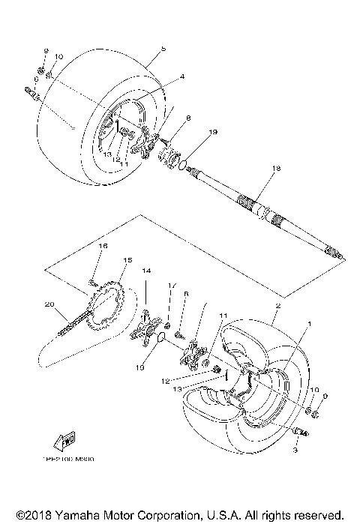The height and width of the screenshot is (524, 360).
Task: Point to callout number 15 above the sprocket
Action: coord(127,260)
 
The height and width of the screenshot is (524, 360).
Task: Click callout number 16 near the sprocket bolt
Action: coord(103,246)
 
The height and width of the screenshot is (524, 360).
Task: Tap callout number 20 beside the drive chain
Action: coord(50,304)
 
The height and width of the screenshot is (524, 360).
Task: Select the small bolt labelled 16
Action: coord(93,282)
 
